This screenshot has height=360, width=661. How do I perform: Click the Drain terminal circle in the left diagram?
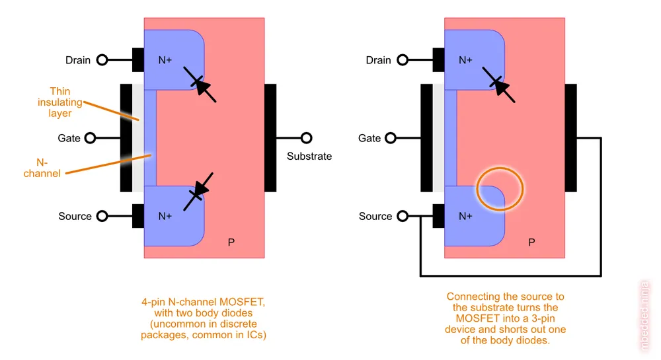click(x=102, y=60)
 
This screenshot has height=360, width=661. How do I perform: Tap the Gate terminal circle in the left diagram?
click(x=91, y=138)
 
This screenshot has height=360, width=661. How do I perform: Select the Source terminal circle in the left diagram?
click(x=102, y=216)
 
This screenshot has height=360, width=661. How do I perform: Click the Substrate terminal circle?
click(x=306, y=138)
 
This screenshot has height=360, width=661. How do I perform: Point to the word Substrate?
click(x=309, y=157)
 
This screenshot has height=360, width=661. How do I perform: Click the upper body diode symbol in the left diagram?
click(x=200, y=84)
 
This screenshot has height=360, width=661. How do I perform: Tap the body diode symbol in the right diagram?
click(x=500, y=84)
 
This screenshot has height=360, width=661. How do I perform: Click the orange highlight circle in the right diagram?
click(x=500, y=188)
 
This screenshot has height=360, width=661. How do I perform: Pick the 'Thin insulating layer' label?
click(x=59, y=102)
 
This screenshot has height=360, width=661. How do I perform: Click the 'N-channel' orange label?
click(x=42, y=167)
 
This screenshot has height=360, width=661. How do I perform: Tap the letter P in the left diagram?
click(x=231, y=242)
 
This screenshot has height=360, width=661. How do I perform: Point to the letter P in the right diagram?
click(x=531, y=242)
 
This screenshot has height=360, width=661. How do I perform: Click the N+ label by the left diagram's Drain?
click(x=165, y=60)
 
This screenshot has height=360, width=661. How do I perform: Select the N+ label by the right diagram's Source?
click(x=465, y=216)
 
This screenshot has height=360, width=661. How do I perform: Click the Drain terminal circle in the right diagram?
click(x=403, y=60)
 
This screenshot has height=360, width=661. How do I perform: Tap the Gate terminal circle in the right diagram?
click(x=391, y=138)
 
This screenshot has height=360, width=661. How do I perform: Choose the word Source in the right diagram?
click(x=375, y=216)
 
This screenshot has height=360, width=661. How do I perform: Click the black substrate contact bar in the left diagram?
click(x=270, y=138)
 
